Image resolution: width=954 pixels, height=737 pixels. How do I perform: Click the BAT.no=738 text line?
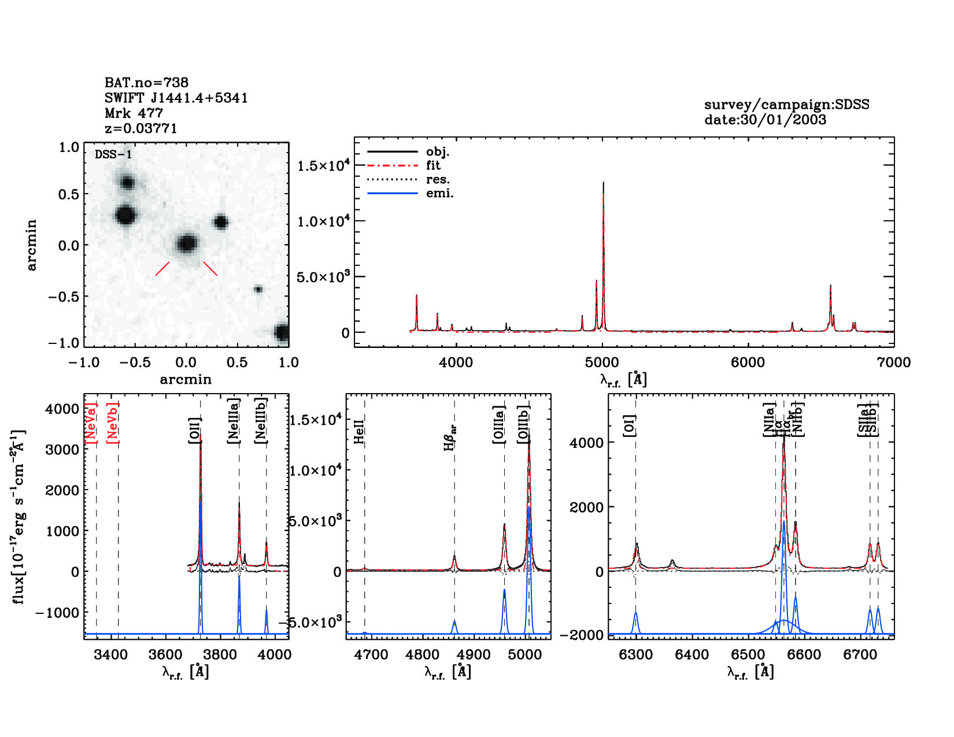pyautogui.click(x=146, y=83)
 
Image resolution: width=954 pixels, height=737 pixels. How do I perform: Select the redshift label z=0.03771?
pyautogui.click(x=140, y=128)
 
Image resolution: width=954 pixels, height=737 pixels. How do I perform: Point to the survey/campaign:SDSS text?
pyautogui.click(x=786, y=105)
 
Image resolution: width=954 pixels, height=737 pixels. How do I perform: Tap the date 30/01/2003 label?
pyautogui.click(x=765, y=120)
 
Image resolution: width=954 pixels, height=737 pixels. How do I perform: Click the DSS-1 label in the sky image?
pyautogui.click(x=113, y=155)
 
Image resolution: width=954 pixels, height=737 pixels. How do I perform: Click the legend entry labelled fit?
pyautogui.click(x=433, y=165)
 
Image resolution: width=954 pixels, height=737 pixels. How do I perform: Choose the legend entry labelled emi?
pyautogui.click(x=439, y=193)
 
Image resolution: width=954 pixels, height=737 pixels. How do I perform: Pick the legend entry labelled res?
pyautogui.click(x=438, y=179)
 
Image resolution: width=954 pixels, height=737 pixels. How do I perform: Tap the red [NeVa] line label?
pyautogui.click(x=91, y=423)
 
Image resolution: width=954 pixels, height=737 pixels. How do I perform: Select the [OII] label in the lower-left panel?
pyautogui.click(x=195, y=431)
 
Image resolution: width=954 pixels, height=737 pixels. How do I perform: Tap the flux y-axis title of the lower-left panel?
pyautogui.click(x=19, y=517)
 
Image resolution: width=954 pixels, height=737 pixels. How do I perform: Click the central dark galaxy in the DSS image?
pyautogui.click(x=186, y=243)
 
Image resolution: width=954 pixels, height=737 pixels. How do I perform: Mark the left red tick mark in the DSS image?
pyautogui.click(x=162, y=269)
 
